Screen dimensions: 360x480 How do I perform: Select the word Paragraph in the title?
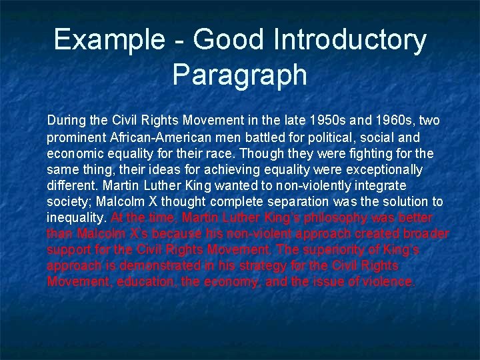tap(239, 74)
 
